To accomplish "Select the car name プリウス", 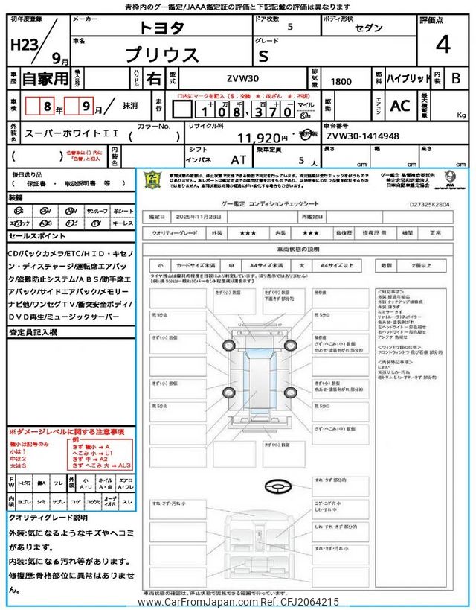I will [162, 54].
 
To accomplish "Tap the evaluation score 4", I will [443, 45].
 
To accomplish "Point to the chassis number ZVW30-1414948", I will [362, 136].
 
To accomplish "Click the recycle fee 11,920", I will [263, 138].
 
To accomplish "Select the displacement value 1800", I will [342, 80].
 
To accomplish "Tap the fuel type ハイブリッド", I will [406, 79].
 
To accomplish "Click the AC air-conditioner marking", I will [399, 107].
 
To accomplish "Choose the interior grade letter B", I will [456, 79].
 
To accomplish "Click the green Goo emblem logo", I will [152, 181].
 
